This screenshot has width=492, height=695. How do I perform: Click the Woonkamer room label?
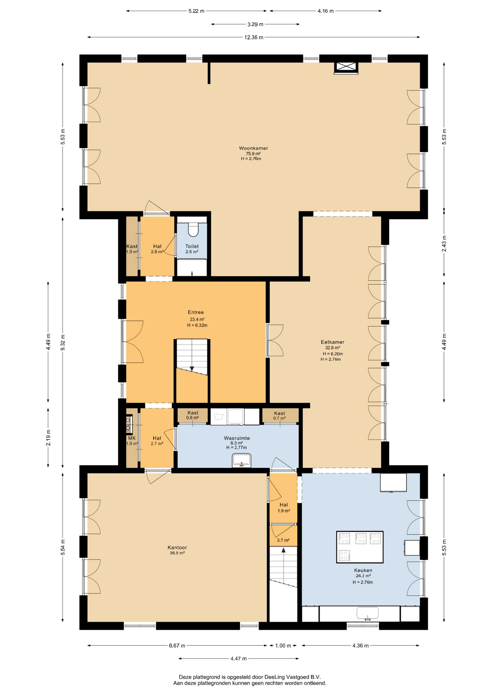coord(253,148)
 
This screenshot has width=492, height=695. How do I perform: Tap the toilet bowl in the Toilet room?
coord(194,230)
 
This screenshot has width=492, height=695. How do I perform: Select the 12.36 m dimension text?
coord(254,37)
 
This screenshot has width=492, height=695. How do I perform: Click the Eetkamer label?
coord(332,342)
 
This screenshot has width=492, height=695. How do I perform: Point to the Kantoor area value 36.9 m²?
coord(177,553)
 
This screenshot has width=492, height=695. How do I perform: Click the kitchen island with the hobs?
coord(360,547)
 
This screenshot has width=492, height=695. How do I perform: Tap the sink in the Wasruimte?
coord(241,460)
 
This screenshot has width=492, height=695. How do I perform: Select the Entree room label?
coord(196,312)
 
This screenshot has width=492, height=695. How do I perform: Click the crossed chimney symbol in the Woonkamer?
coord(346,67)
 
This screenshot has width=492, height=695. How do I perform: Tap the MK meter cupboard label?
coord(132,438)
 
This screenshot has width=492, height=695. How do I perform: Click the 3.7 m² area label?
coord(283,540)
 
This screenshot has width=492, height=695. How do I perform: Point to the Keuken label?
coord(363,570)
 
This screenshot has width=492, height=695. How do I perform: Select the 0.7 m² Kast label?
coord(279,418)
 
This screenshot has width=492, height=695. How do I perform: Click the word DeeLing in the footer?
coord(275,677)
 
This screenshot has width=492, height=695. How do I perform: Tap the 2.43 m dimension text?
coord(444,244)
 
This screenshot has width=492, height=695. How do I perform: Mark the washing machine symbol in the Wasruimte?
coord(218,417)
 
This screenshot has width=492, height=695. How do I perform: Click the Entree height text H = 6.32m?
coord(197,325)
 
